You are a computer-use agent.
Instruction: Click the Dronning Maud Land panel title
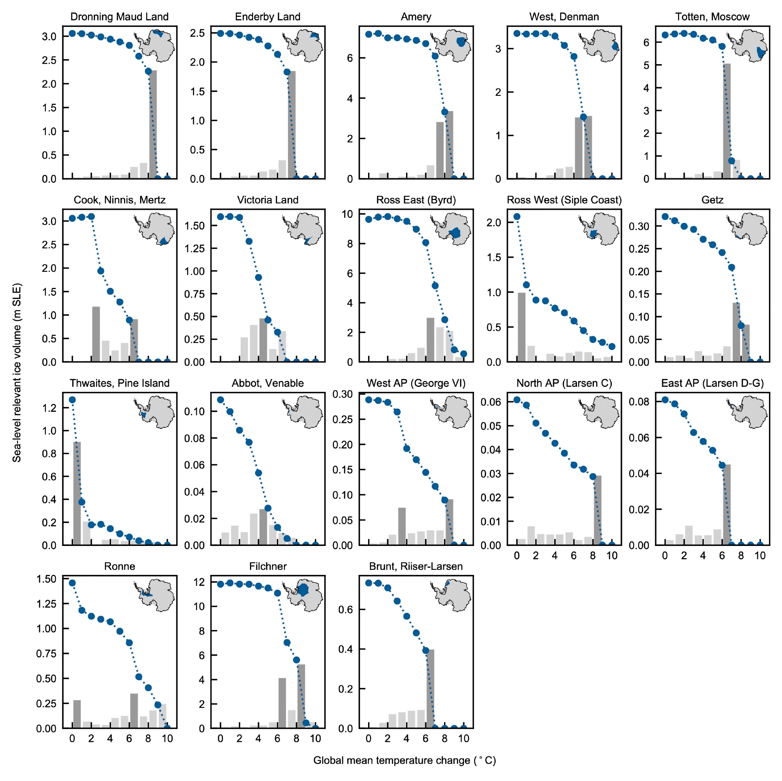click(119, 16)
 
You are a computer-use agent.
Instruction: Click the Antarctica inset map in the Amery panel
click(451, 46)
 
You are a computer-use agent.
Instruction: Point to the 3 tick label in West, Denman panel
click(498, 49)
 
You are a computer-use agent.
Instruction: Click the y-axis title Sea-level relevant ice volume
click(16, 372)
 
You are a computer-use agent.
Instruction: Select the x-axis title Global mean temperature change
click(404, 760)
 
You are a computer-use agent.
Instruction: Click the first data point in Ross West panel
click(517, 217)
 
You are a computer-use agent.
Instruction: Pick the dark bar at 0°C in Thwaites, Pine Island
click(77, 493)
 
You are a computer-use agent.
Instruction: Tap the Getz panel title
click(712, 200)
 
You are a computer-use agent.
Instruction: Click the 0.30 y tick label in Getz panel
click(639, 226)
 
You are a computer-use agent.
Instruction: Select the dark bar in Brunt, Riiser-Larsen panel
click(431, 688)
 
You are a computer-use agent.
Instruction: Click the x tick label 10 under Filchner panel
click(315, 738)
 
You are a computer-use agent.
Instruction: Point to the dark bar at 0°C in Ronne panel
click(77, 714)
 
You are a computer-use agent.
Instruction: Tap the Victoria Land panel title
click(268, 200)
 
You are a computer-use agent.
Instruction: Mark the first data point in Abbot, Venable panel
click(221, 400)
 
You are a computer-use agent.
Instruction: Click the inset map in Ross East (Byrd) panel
click(451, 229)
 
